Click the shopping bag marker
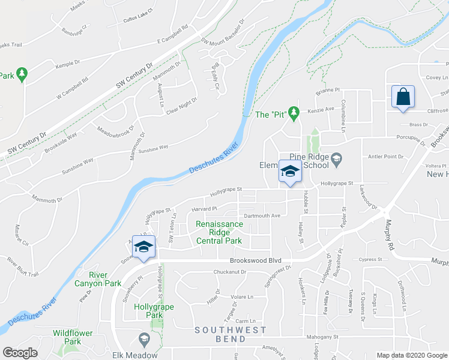(x=402, y=97)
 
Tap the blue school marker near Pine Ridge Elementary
(x=289, y=172)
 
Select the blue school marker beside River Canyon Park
(x=143, y=247)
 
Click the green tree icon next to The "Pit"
(x=294, y=112)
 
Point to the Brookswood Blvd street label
(x=256, y=261)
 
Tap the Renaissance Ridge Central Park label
(x=219, y=233)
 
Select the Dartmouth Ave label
(x=262, y=215)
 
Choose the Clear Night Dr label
(x=181, y=106)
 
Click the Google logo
(x=20, y=353)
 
